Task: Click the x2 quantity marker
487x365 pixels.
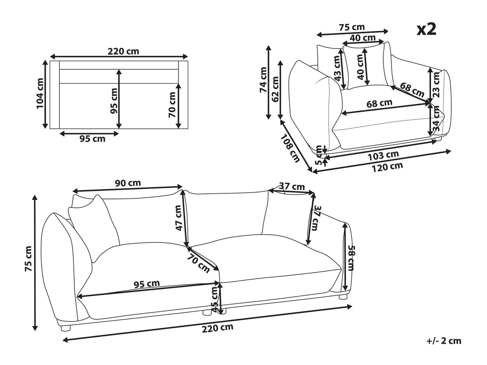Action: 426,30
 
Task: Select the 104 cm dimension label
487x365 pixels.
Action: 40,93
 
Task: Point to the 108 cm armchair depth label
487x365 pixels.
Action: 290,149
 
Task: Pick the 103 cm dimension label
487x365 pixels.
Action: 384,155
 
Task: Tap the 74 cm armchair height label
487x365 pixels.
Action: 263,80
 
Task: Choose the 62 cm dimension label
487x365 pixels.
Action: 275,89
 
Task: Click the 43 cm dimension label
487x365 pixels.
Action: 337,68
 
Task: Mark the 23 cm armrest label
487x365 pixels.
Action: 436,85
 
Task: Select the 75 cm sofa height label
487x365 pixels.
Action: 28,259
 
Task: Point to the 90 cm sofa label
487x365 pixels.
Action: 128,183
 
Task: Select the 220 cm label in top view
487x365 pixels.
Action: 124,52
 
